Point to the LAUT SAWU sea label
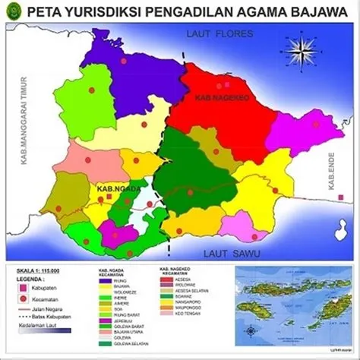(x=218, y=253)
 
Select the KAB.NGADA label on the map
(x=114, y=187)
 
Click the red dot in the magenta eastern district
(x=316, y=124)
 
